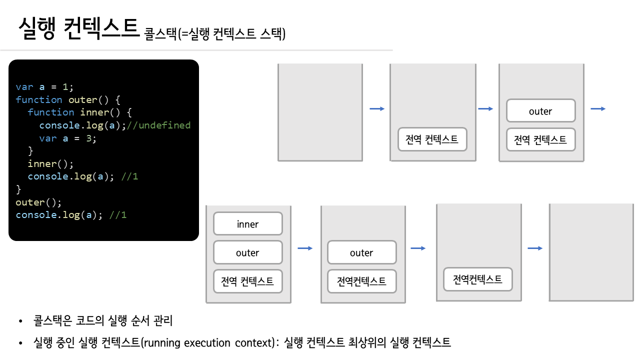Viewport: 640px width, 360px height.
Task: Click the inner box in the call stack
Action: pyautogui.click(x=248, y=224)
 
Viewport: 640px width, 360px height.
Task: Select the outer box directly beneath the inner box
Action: pyautogui.click(x=248, y=252)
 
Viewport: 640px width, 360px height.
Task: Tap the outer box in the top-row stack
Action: pyautogui.click(x=540, y=111)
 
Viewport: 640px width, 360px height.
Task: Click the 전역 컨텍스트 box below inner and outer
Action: pyautogui.click(x=248, y=281)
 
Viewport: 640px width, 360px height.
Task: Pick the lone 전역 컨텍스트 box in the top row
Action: pyautogui.click(x=432, y=139)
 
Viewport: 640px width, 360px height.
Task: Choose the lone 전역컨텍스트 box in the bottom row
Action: pyautogui.click(x=478, y=279)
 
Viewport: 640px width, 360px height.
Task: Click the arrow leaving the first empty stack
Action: pyautogui.click(x=376, y=108)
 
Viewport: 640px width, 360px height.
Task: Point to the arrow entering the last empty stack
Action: pyautogui.click(x=535, y=248)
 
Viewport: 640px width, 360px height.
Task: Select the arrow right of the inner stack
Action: pyautogui.click(x=304, y=248)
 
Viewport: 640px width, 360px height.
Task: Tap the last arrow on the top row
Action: pyautogui.click(x=598, y=108)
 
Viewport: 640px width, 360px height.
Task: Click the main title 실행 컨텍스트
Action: pyautogui.click(x=77, y=29)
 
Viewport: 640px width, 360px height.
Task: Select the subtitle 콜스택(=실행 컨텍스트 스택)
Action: pyautogui.click(x=215, y=34)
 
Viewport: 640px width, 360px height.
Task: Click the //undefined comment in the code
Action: pyautogui.click(x=158, y=125)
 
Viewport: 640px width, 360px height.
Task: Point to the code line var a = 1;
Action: pyautogui.click(x=44, y=86)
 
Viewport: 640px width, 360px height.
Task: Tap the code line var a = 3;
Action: pyautogui.click(x=67, y=138)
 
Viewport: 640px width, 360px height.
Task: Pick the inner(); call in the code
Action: pyautogui.click(x=50, y=163)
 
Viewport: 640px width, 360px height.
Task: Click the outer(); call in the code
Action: pyautogui.click(x=38, y=202)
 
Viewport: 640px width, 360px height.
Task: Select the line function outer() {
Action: pyautogui.click(x=68, y=99)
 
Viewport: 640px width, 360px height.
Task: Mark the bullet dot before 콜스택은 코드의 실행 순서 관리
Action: pyautogui.click(x=20, y=321)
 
